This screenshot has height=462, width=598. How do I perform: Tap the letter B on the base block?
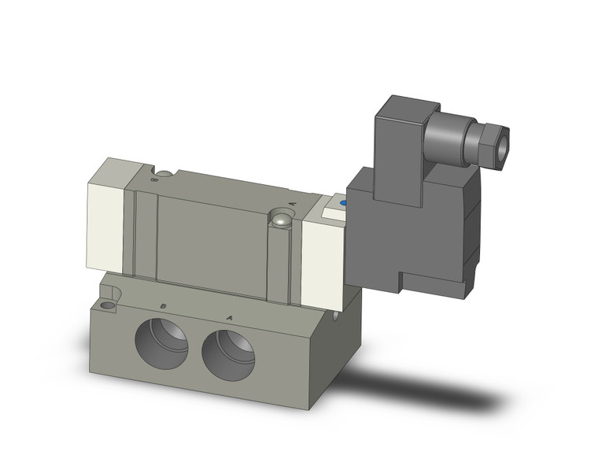coord(162,305)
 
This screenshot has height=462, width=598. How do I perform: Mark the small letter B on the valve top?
coord(153,179)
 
